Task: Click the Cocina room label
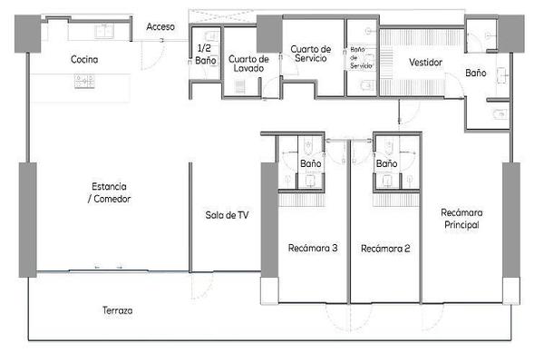coord(84,59)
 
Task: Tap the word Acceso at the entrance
coord(160,26)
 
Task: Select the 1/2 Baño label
coord(206,54)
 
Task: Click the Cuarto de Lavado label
coord(248,64)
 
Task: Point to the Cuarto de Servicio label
coord(311,54)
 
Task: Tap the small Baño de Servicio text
coord(361,58)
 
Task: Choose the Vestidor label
coord(426,63)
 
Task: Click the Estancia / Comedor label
coord(109,192)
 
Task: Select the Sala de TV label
coord(227,215)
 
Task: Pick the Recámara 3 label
coord(313,248)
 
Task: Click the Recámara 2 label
coord(385,249)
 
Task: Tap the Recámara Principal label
coord(461,219)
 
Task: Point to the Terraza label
coord(118,310)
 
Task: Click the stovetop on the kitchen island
coord(84,82)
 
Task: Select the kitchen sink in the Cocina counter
coord(104,31)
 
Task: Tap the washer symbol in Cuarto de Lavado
coord(240,87)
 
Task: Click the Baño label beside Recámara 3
coord(310,163)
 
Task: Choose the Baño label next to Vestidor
coord(476,73)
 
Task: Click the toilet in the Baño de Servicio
coord(366,84)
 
